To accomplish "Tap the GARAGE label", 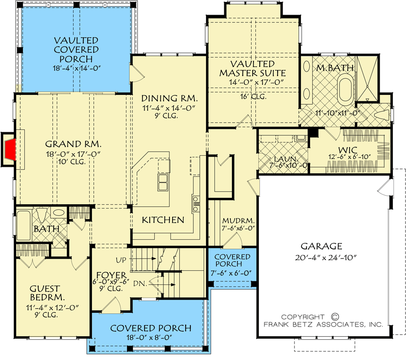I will [x=326, y=246].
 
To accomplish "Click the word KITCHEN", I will [x=162, y=220].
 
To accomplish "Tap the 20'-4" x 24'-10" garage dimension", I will [x=326, y=257].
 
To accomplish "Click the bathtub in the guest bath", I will [x=23, y=225].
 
